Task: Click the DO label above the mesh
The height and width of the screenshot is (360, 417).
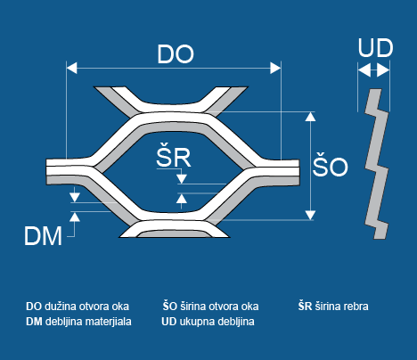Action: point(176,54)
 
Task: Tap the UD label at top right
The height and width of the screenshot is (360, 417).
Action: point(375,48)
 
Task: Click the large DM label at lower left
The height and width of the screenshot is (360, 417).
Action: point(43,236)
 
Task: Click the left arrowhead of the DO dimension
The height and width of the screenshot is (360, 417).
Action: point(71,68)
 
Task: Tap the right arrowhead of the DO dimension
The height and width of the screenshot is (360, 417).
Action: point(275,68)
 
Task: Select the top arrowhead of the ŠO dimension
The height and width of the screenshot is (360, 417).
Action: point(310,116)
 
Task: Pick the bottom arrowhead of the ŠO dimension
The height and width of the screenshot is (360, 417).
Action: point(310,215)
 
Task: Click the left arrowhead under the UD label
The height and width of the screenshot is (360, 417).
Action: point(364,71)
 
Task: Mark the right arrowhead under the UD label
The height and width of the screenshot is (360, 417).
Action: point(383,71)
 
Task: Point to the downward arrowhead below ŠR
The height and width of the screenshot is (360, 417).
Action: point(182,179)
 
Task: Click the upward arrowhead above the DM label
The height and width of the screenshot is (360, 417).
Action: point(75,217)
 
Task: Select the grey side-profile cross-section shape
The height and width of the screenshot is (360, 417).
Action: point(376,163)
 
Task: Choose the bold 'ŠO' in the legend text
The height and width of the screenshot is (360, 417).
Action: point(169,306)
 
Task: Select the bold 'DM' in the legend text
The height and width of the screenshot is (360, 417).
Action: point(34,322)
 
